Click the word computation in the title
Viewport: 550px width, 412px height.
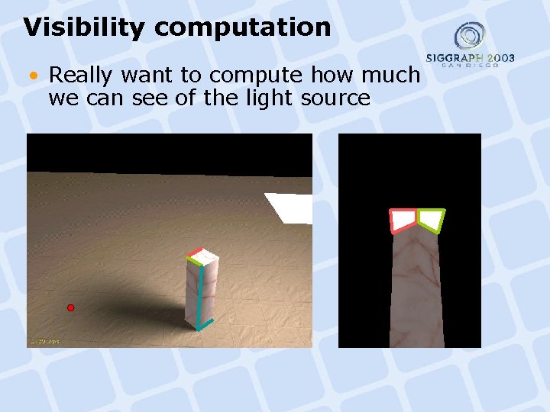pyautogui.click(x=242, y=28)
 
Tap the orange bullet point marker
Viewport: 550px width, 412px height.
pyautogui.click(x=34, y=75)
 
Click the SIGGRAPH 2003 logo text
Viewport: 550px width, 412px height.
pyautogui.click(x=470, y=59)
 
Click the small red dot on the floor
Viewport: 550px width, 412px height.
pyautogui.click(x=70, y=307)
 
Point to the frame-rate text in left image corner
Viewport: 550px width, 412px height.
pyautogui.click(x=44, y=341)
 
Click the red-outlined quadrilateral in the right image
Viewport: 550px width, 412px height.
pyautogui.click(x=403, y=220)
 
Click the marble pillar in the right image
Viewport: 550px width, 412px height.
pyautogui.click(x=416, y=290)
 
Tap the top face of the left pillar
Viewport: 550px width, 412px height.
pyautogui.click(x=203, y=257)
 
